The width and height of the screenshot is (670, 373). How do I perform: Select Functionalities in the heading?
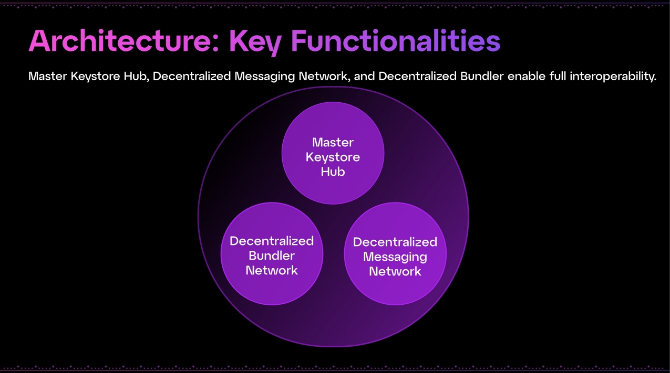pyautogui.click(x=395, y=41)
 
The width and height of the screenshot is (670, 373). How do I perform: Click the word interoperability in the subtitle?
pyautogui.click(x=613, y=77)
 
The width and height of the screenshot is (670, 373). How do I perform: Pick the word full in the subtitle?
pyautogui.click(x=558, y=77)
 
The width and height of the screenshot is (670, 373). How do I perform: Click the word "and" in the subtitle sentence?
pyautogui.click(x=365, y=77)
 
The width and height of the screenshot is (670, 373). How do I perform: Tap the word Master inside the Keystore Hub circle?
pyautogui.click(x=333, y=142)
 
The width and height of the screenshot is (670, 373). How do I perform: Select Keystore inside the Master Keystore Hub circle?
pyautogui.click(x=333, y=157)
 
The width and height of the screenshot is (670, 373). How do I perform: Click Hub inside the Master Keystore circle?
pyautogui.click(x=333, y=172)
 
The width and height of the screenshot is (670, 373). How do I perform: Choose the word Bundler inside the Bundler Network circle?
pyautogui.click(x=272, y=256)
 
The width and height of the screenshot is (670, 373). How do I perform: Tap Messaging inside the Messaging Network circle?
pyautogui.click(x=395, y=257)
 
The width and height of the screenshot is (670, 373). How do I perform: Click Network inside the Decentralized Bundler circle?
pyautogui.click(x=272, y=271)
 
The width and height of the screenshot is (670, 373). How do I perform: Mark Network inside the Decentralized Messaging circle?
pyautogui.click(x=395, y=271)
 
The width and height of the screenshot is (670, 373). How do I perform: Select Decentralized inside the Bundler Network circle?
pyautogui.click(x=272, y=241)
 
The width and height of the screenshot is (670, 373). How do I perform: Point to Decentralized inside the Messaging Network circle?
pyautogui.click(x=395, y=242)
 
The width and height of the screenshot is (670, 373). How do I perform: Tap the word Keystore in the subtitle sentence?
pyautogui.click(x=91, y=77)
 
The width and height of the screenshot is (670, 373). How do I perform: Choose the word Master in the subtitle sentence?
pyautogui.click(x=47, y=77)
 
